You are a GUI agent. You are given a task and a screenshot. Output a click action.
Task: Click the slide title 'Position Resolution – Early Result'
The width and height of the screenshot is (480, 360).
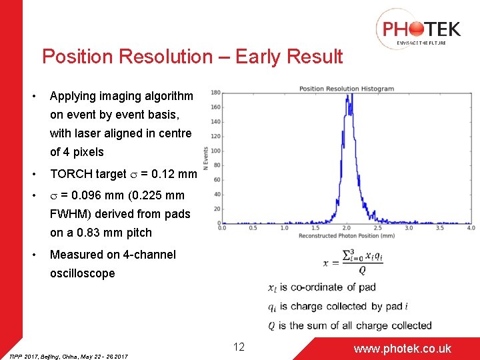tap(192, 57)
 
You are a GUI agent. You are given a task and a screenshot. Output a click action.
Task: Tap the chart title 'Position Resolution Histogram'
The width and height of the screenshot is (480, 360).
tap(346, 89)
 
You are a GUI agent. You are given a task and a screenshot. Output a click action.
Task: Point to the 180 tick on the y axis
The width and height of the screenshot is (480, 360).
tap(216, 93)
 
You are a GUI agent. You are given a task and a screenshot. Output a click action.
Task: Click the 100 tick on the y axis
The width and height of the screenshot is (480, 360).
tap(216, 151)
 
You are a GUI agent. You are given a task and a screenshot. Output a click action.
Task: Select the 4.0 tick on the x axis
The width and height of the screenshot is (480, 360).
tap(470, 228)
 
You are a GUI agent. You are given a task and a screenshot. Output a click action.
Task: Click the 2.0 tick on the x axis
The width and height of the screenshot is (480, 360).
tap(346, 228)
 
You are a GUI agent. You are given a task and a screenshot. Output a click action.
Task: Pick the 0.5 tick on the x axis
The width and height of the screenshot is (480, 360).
tap(253, 228)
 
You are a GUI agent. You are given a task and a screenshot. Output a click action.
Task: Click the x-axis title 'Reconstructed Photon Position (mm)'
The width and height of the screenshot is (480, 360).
tap(346, 235)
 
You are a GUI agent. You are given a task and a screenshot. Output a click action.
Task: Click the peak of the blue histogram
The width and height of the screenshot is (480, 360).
tap(347, 95)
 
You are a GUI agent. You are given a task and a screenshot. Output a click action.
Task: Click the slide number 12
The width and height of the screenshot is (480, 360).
tap(239, 347)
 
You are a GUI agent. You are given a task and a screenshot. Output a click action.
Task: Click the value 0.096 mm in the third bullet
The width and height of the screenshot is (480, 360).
tap(98, 195)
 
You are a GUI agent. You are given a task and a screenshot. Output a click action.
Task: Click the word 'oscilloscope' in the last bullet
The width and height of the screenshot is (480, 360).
tap(82, 273)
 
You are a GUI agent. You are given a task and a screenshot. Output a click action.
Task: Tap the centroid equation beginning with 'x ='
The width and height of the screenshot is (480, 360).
tap(353, 261)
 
